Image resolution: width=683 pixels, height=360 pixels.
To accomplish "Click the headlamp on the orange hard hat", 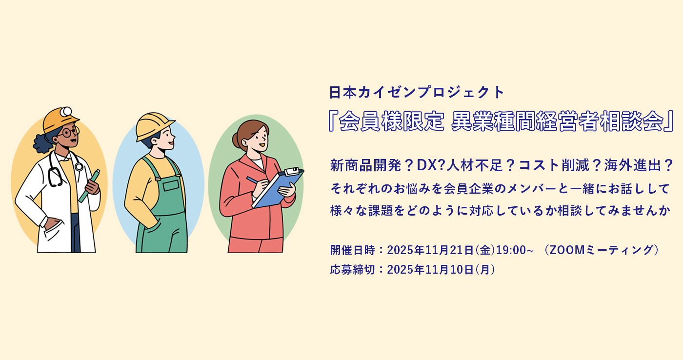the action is pyautogui.click(x=66, y=112).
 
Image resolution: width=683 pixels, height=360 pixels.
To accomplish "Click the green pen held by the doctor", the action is pyautogui.click(x=89, y=186).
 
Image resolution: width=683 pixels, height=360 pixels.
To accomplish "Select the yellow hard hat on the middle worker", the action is pyautogui.click(x=154, y=126).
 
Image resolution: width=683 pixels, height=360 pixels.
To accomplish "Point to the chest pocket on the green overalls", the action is pyautogui.click(x=171, y=185).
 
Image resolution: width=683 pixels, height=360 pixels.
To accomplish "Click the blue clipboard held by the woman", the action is pyautogui.click(x=278, y=187).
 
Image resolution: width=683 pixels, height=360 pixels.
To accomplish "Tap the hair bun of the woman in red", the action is pyautogui.click(x=236, y=140).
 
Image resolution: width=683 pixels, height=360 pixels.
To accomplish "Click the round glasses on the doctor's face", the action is pyautogui.click(x=69, y=132).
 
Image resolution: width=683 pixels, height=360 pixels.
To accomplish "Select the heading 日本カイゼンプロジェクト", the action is pyautogui.click(x=417, y=92).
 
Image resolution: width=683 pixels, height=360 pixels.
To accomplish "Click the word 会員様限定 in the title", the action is pyautogui.click(x=391, y=121).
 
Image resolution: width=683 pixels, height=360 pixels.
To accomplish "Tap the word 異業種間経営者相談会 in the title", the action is pyautogui.click(x=558, y=121).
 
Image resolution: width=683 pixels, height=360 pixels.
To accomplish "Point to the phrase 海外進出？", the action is pyautogui.click(x=638, y=165).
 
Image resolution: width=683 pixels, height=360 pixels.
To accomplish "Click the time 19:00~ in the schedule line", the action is pyautogui.click(x=515, y=250).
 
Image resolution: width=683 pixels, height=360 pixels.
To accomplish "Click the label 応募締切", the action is pyautogui.click(x=352, y=269).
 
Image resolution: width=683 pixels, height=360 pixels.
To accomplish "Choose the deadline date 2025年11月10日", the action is pyautogui.click(x=430, y=269).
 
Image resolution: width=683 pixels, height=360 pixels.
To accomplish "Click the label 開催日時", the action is pyautogui.click(x=352, y=250).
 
